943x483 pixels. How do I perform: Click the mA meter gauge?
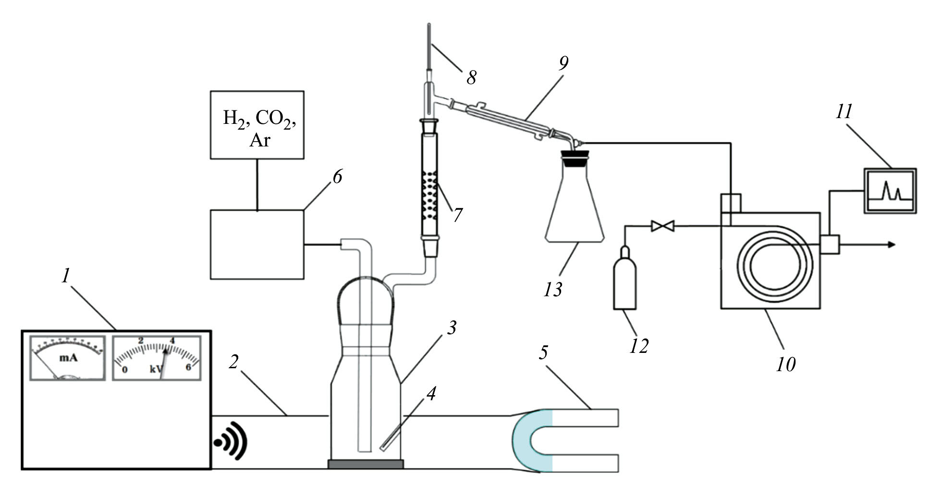67,358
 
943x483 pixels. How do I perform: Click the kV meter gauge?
157,358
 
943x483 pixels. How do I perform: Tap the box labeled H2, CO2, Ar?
257,125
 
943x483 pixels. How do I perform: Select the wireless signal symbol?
231,441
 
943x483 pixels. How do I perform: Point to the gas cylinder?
625,281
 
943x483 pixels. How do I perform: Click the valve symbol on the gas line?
662,226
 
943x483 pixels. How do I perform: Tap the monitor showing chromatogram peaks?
890,191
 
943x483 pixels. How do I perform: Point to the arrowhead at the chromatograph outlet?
892,245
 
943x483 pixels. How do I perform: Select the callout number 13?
553,290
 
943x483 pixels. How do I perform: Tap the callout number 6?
338,177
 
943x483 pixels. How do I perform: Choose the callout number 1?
65,276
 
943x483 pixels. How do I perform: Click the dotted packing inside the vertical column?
429,194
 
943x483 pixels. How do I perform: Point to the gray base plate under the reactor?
366,464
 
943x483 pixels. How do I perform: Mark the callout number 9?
563,63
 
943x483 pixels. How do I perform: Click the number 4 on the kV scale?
171,341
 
